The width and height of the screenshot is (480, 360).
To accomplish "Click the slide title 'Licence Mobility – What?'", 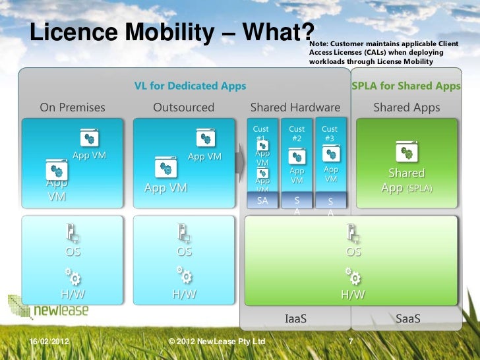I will tap(172, 32).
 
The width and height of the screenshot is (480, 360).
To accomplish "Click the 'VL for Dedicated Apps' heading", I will tap(190, 86).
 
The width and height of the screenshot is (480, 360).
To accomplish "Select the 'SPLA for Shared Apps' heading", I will tap(406, 86).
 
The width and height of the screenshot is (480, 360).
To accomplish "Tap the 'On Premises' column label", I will tap(73, 107).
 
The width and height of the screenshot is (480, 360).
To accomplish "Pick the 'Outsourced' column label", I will tap(183, 107).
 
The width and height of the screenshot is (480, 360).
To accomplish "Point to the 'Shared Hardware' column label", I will tap(295, 107).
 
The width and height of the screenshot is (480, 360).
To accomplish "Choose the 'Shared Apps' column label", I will tap(406, 107).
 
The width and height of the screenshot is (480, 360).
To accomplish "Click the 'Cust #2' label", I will tap(297, 134).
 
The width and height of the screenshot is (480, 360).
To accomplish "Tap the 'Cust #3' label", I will tap(330, 134).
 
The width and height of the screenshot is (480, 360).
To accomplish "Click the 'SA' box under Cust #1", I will tap(262, 201).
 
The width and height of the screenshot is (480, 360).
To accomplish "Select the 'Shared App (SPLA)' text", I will tap(406, 180).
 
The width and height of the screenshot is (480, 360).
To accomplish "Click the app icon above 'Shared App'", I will tap(406, 153).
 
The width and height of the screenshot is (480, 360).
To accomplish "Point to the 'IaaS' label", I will tap(295, 319).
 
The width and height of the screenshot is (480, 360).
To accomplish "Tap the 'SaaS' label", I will tap(407, 319).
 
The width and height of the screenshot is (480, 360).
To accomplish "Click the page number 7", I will tap(351, 342).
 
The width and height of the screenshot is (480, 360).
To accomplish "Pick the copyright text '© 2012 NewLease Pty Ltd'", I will tap(217, 342).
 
